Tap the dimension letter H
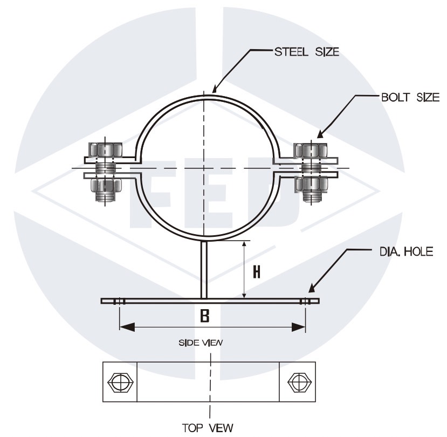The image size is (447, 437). point(257,271)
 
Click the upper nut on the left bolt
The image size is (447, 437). point(105,149)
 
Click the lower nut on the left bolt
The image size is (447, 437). point(105,186)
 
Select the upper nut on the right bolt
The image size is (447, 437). point(308,149)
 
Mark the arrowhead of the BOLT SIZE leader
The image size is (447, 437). point(320,135)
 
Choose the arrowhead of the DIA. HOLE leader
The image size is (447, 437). point(312,292)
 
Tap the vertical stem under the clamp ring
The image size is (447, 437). point(204,270)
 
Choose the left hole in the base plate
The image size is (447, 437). point(120,301)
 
